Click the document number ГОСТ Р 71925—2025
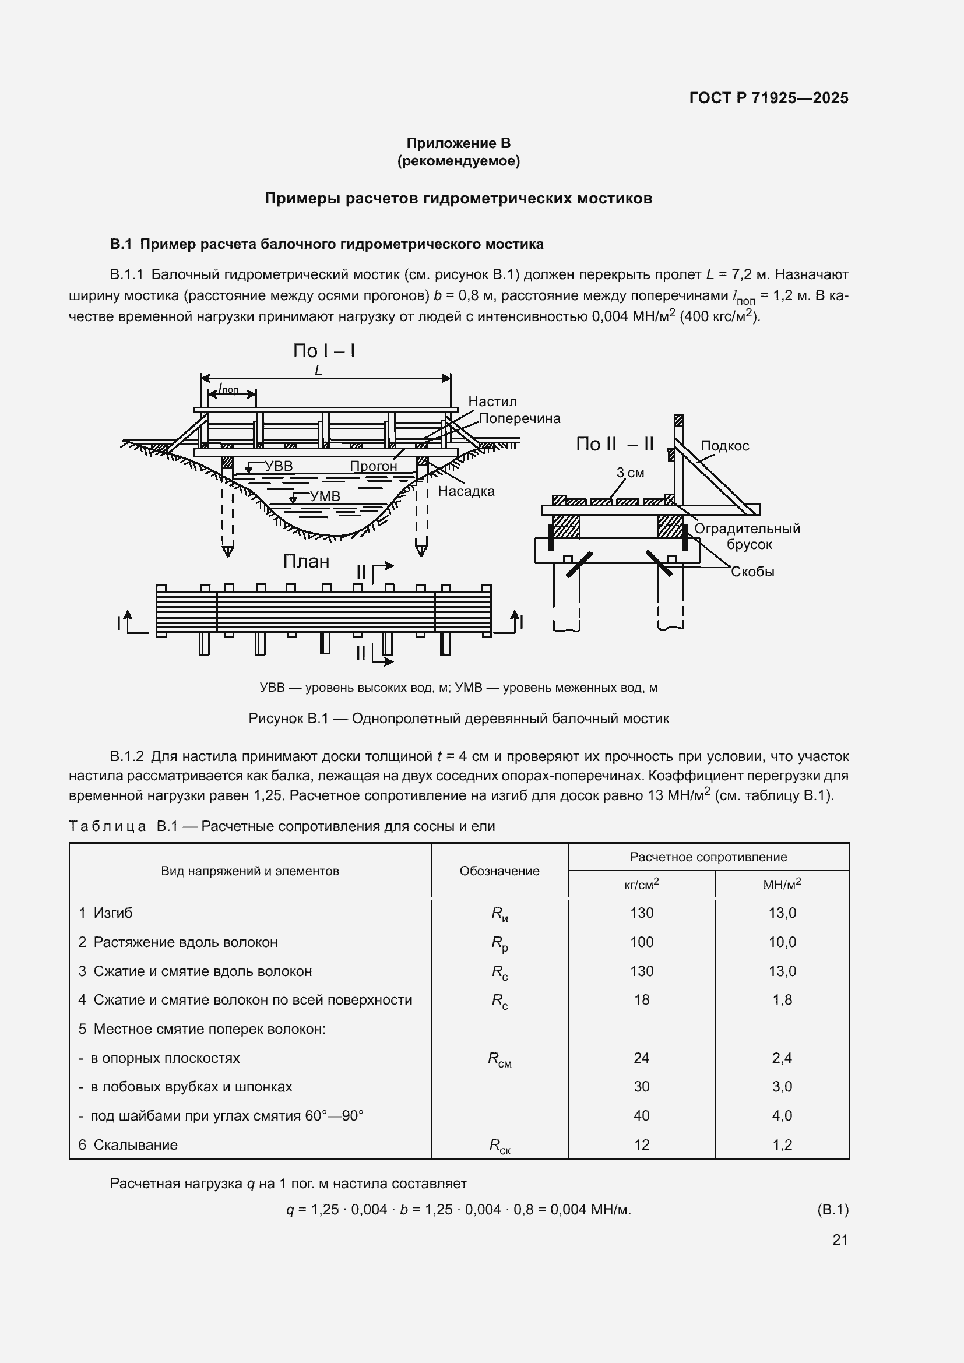pyautogui.click(x=769, y=98)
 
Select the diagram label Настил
pyautogui.click(x=492, y=401)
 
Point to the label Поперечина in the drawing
pyautogui.click(x=519, y=418)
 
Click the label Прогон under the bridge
pyautogui.click(x=373, y=466)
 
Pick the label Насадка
pyautogui.click(x=466, y=491)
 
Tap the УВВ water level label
pyautogui.click(x=279, y=466)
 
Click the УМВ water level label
pyautogui.click(x=325, y=496)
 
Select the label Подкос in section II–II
pyautogui.click(x=725, y=446)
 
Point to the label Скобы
pyautogui.click(x=752, y=572)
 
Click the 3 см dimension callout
pyautogui.click(x=630, y=473)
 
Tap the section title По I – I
pyautogui.click(x=324, y=351)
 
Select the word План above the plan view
pyautogui.click(x=306, y=561)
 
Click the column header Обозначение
pyautogui.click(x=499, y=871)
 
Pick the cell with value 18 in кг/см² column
pyautogui.click(x=641, y=1000)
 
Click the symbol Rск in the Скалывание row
pyautogui.click(x=499, y=1146)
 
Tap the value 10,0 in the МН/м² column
pyautogui.click(x=782, y=942)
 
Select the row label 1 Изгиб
pyautogui.click(x=105, y=913)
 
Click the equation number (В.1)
pyautogui.click(x=832, y=1209)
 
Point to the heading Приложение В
pyautogui.click(x=458, y=143)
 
